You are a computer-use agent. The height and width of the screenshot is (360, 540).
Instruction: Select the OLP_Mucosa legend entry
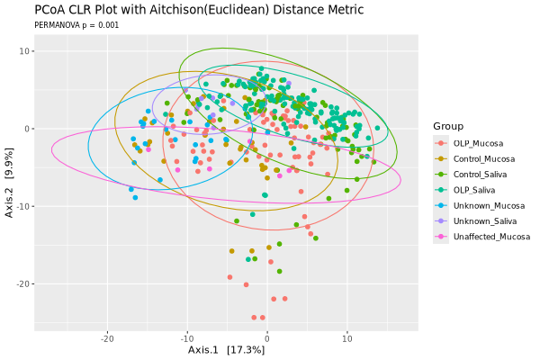point(478,143)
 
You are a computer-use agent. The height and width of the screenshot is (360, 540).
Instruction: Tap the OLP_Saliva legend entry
point(477,190)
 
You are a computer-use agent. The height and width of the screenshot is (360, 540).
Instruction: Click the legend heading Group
point(447,125)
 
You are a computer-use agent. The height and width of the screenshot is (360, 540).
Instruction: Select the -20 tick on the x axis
point(107,338)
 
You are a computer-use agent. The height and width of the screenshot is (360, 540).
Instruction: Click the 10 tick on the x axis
point(346,338)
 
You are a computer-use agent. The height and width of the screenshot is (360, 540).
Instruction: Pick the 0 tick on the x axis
point(266,338)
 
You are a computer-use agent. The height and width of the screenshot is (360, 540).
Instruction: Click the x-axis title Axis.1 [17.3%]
point(226,350)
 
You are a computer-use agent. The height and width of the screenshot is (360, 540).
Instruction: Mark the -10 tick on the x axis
point(186,338)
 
